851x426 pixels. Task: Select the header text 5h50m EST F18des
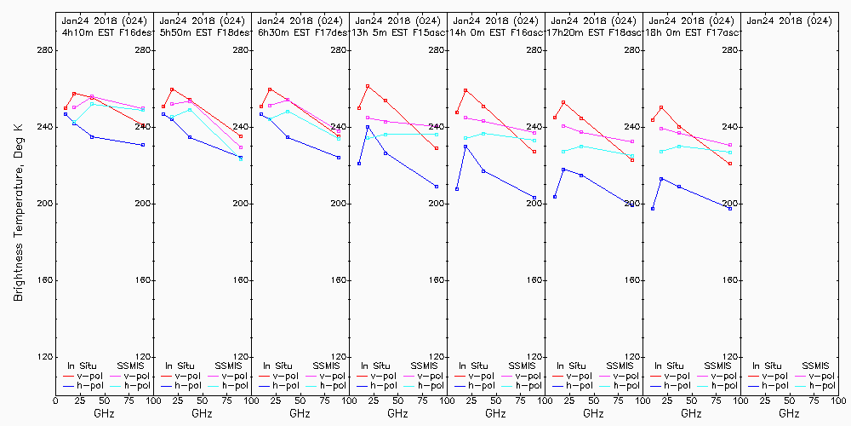tap(204, 32)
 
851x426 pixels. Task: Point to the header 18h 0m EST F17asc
tap(694, 32)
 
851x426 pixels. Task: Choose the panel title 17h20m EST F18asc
tap(594, 32)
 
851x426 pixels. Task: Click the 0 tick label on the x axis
tap(55, 400)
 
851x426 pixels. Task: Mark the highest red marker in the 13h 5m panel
tap(368, 86)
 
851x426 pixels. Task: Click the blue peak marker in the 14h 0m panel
tap(465, 147)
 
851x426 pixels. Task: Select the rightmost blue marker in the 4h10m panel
tap(143, 145)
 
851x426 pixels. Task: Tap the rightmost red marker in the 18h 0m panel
tap(730, 164)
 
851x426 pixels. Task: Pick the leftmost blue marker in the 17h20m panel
tap(555, 197)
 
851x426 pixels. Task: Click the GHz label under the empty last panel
tap(789, 413)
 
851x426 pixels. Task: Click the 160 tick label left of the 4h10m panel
tap(44, 280)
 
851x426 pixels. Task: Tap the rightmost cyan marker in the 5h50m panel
tap(241, 159)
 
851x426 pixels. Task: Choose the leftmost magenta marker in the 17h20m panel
tap(563, 126)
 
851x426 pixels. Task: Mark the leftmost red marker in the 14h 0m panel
tap(457, 112)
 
